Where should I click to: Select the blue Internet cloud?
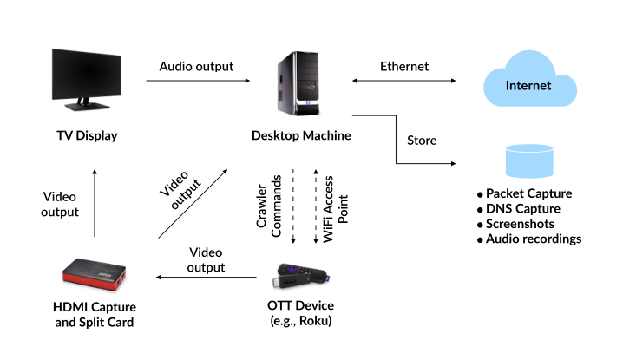pyautogui.click(x=528, y=85)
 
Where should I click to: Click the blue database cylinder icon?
pyautogui.click(x=528, y=161)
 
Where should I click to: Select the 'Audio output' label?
pyautogui.click(x=196, y=66)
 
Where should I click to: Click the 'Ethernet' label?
pyautogui.click(x=403, y=66)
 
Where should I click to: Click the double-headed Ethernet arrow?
pyautogui.click(x=403, y=81)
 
